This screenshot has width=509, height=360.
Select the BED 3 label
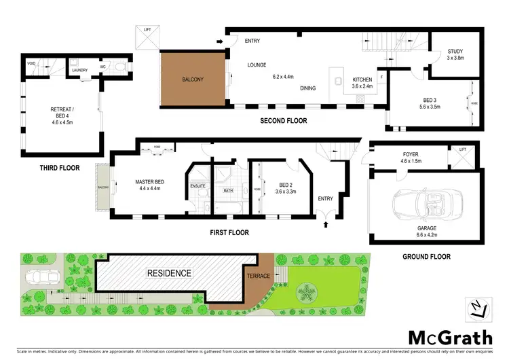pyautogui.click(x=431, y=103)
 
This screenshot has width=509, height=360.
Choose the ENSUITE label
pyautogui.click(x=197, y=185)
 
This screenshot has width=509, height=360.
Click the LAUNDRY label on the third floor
pyautogui.click(x=81, y=69)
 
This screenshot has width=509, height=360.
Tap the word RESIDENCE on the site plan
pyautogui.click(x=170, y=273)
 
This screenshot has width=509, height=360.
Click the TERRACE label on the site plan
pyautogui.click(x=258, y=276)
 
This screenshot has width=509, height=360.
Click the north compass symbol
pyautogui.click(x=478, y=308)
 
